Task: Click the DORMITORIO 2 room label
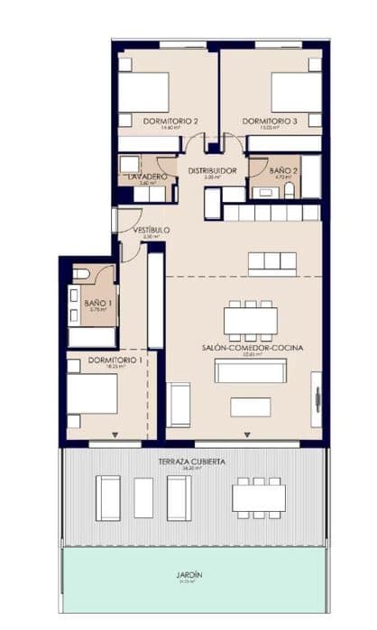(170, 121)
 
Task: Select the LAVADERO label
(144, 176)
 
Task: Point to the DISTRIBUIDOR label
(212, 170)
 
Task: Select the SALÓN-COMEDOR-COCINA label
(245, 346)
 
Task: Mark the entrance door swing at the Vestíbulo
(127, 221)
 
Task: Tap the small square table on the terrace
(143, 498)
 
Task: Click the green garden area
(190, 590)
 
